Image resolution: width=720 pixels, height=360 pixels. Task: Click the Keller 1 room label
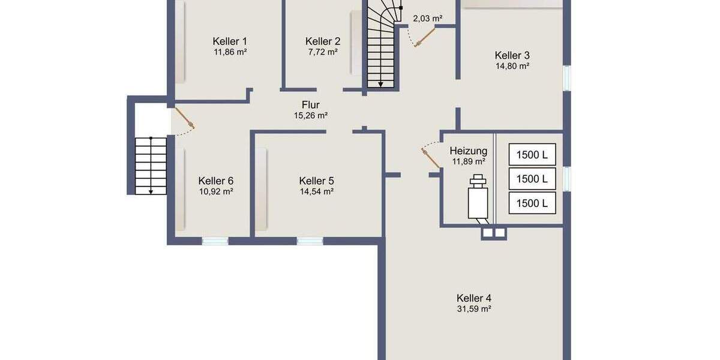pos(230,41)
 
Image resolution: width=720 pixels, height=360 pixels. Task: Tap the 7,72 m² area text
pos(323,52)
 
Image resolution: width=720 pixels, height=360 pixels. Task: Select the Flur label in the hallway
pos(310,105)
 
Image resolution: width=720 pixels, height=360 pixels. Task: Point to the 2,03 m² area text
pos(427,19)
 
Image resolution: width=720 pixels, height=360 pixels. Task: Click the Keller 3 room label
pos(512,55)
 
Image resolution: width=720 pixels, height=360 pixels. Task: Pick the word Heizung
pos(469,151)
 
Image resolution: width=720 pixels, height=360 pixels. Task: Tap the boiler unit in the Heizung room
pos(478,199)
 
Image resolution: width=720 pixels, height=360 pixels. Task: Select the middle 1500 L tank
pos(532,179)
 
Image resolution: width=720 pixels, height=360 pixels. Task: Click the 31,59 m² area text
pos(474,310)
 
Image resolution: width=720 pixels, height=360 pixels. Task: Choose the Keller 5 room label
pos(316,181)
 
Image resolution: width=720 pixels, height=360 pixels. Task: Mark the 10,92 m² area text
pos(216,192)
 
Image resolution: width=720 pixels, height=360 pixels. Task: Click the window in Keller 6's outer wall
pos(215,241)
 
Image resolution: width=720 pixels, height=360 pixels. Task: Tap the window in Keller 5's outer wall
pos(310,241)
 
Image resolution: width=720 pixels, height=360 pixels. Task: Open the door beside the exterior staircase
pos(184,118)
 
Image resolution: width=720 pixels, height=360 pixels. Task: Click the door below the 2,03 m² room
pos(421,38)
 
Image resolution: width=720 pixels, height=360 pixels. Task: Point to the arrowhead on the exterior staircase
pos(151,191)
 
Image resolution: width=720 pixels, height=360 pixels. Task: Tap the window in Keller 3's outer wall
pos(567,78)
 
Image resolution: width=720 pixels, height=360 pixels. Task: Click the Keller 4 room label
pos(474,298)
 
